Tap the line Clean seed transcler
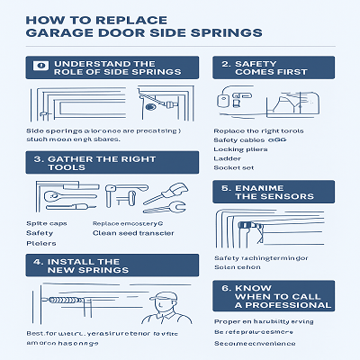[x=131, y=232]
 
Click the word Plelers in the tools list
[x=40, y=243]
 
